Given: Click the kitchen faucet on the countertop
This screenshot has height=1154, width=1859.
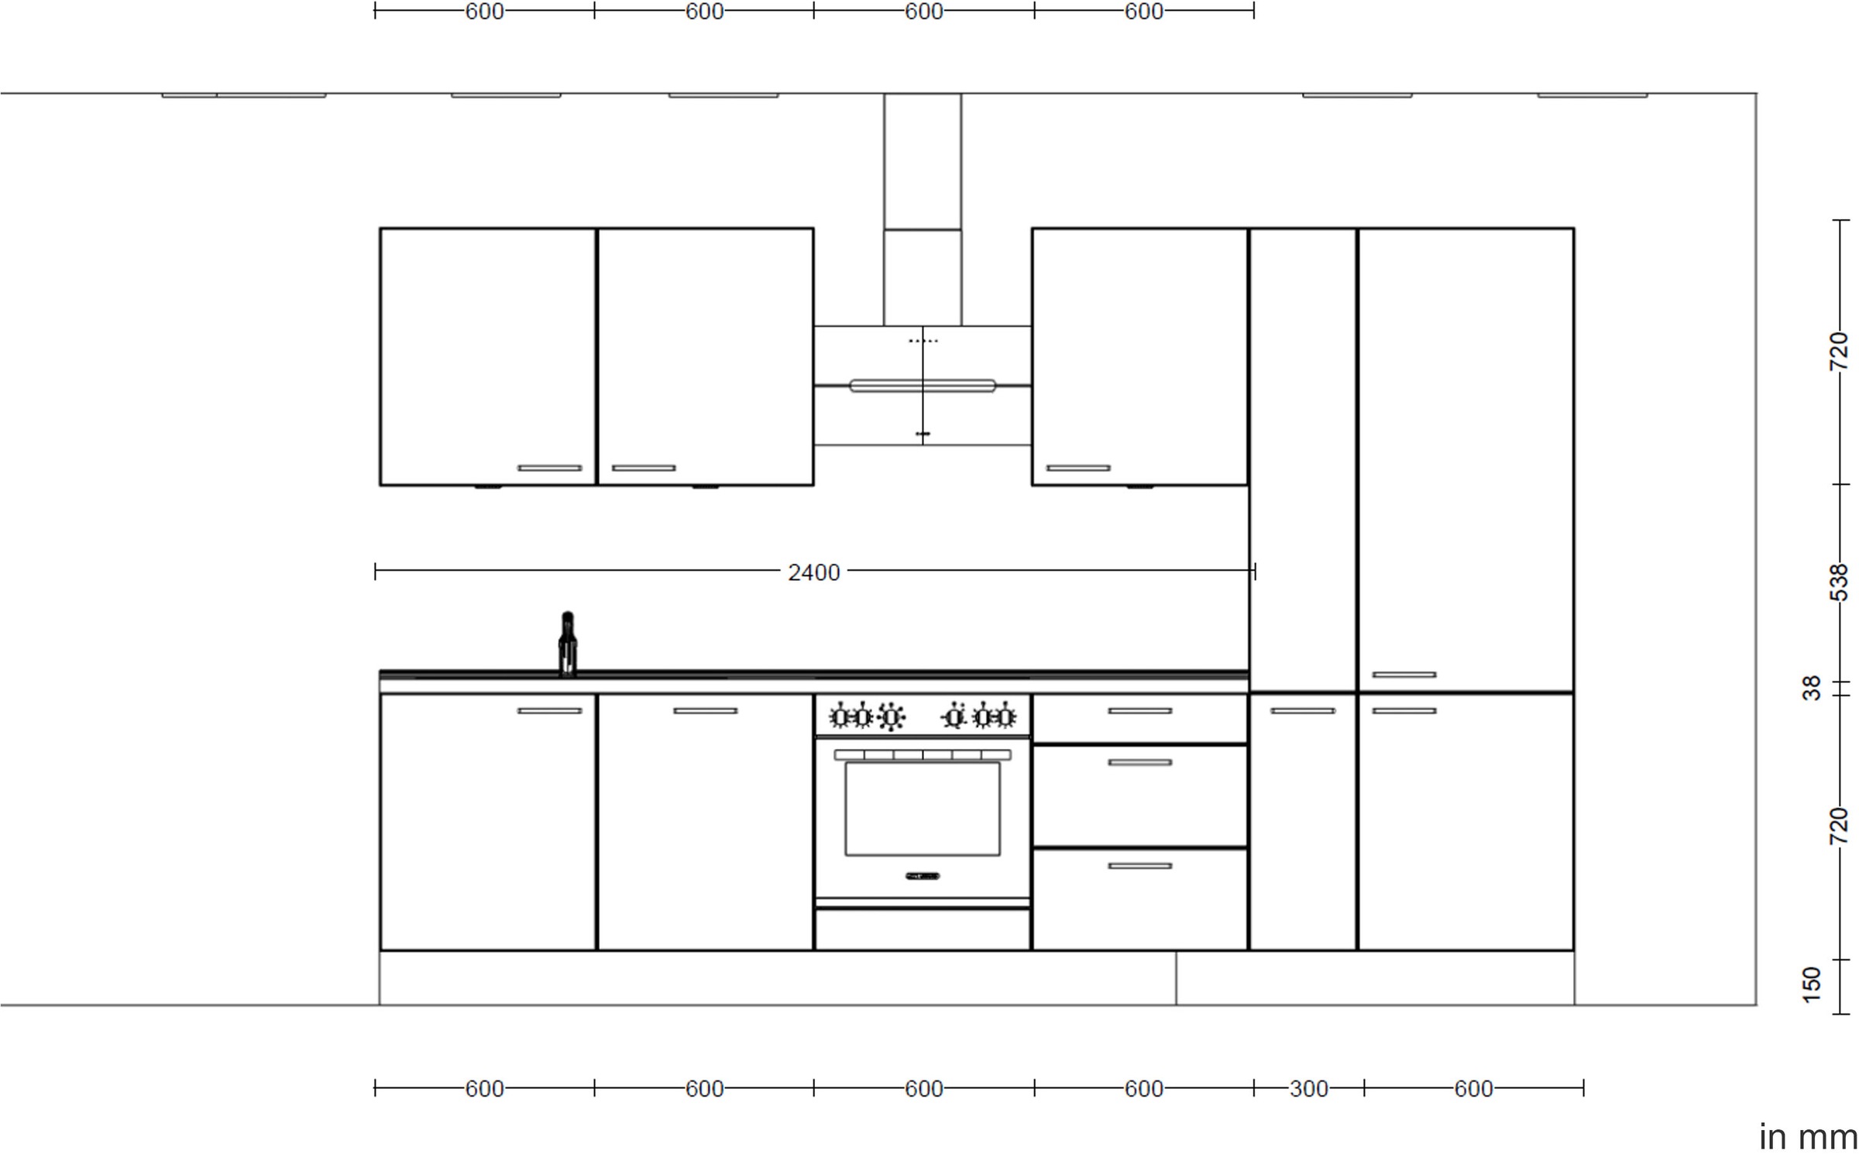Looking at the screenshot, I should [x=567, y=644].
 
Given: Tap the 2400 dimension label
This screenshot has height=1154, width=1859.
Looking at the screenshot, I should [x=813, y=572].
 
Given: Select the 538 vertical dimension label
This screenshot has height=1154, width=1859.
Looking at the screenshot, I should [x=1838, y=582].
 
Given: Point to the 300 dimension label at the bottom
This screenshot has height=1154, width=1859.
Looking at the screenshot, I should [x=1308, y=1089].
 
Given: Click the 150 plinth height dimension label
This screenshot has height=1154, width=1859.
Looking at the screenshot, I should [x=1812, y=984].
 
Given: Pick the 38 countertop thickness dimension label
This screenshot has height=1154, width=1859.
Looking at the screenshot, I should [x=1812, y=688].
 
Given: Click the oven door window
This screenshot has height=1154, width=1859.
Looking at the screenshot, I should [x=922, y=809].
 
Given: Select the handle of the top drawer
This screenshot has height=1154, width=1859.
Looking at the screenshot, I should [x=1139, y=711].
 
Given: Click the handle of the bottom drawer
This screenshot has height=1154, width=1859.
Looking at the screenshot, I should [x=1139, y=866].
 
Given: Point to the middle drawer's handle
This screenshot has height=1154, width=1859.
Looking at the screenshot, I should [x=1139, y=763].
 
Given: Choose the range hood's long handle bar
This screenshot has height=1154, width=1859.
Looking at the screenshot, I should [x=922, y=386].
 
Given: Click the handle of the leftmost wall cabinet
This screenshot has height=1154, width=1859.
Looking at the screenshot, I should [x=549, y=468].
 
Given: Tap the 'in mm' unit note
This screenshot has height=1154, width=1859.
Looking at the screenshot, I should [x=1808, y=1137].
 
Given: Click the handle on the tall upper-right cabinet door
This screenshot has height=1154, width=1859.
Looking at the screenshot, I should [x=1404, y=675].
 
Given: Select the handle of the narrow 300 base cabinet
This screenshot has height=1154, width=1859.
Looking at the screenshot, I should [x=1302, y=711].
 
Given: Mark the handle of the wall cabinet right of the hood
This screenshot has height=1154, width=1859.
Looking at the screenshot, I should [x=1077, y=468].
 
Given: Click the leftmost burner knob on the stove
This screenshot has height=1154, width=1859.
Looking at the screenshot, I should [x=839, y=717].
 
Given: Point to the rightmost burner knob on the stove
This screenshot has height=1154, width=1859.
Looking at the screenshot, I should [x=1005, y=717].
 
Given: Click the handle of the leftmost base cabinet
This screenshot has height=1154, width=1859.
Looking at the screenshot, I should [x=549, y=711].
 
